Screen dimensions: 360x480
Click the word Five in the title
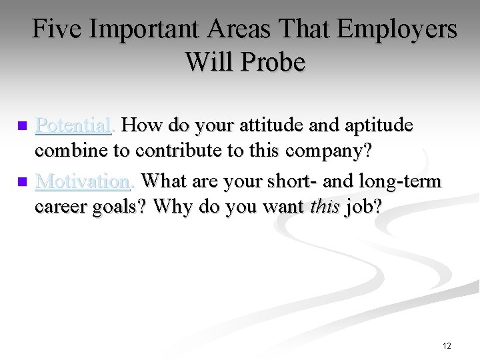pyautogui.click(x=59, y=30)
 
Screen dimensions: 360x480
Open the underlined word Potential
pyautogui.click(x=73, y=125)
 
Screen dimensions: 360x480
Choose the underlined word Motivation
pyautogui.click(x=81, y=181)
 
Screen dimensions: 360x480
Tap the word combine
pyautogui.click(x=70, y=151)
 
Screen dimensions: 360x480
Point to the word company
pyautogui.click(x=330, y=151)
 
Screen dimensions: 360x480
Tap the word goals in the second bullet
pyautogui.click(x=121, y=207)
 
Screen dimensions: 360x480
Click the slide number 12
pyautogui.click(x=446, y=345)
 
